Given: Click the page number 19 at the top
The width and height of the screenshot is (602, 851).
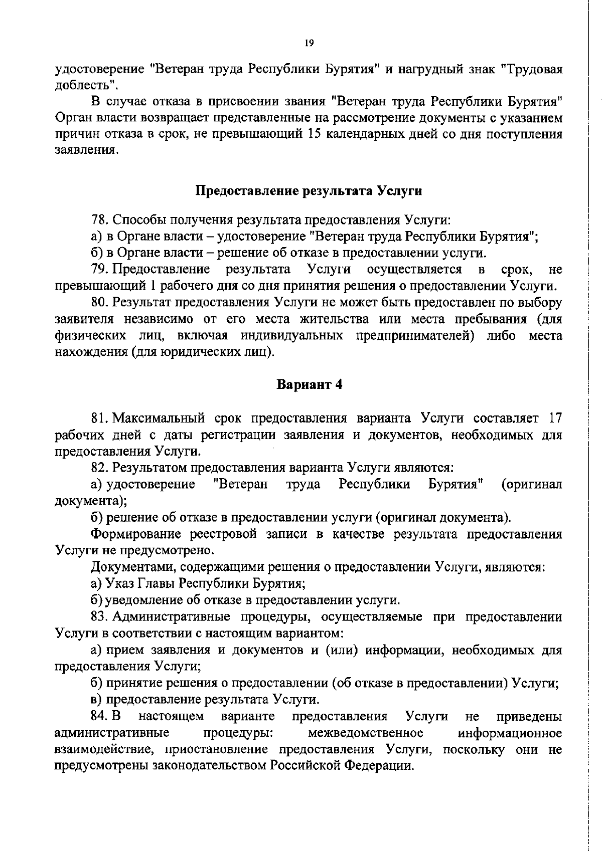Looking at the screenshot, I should pos(309,44).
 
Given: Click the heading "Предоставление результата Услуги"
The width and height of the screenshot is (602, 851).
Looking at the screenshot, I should pos(308,191).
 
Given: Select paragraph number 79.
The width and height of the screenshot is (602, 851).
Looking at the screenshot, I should pos(99,270).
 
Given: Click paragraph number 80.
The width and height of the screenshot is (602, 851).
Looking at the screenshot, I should pos(99,303).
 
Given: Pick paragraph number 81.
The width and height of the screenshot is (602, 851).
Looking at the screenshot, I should pos(99,418).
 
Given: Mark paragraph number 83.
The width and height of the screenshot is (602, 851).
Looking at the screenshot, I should pos(99,617).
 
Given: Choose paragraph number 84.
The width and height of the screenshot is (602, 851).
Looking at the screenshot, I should pos(99,717).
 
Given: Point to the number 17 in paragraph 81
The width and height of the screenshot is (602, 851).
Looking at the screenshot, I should pos(554,418).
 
